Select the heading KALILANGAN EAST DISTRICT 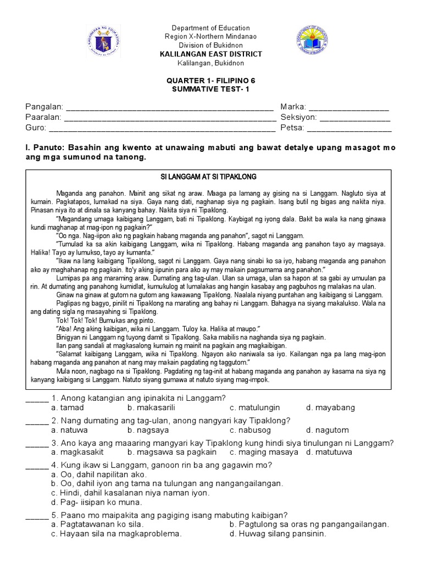click(210, 54)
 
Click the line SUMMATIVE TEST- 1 click(210, 89)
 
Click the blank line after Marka click(348, 108)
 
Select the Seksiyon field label click(298, 118)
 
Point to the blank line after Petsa click(349, 129)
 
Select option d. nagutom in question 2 click(327, 430)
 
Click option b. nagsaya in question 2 click(147, 430)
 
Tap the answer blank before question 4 click(37, 465)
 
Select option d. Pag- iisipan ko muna click(96, 502)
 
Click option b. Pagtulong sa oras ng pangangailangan click(309, 525)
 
